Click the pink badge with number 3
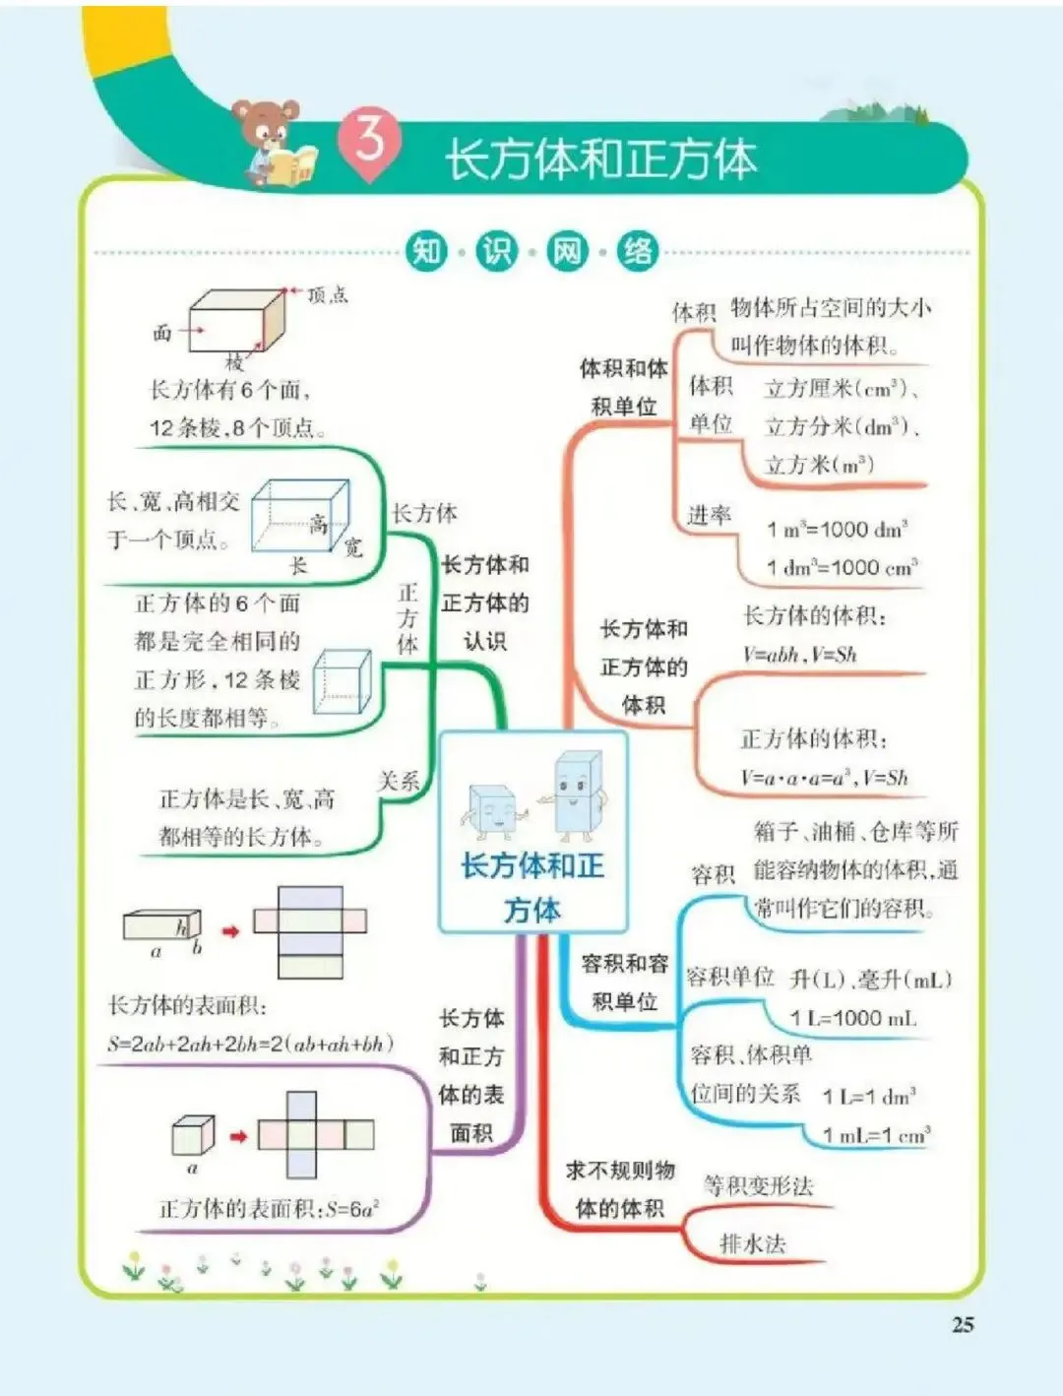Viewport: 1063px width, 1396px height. pos(369,144)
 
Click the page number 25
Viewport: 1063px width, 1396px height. pos(963,1324)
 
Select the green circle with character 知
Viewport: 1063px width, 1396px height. pos(426,252)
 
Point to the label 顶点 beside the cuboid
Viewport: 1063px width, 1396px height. pos(327,294)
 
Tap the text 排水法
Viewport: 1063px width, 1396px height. pos(753,1244)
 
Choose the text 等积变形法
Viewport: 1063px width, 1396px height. pos(758,1185)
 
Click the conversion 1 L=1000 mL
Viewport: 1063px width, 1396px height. pos(852,1018)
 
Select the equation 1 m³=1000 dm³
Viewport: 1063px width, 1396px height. pos(837,529)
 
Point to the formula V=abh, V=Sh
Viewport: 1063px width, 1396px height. pos(799,654)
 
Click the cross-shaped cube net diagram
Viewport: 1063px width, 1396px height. pos(315,1135)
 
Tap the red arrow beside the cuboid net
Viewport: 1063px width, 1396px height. pos(230,930)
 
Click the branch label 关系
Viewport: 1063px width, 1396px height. pos(399,782)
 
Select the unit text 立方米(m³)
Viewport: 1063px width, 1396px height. pos(819,465)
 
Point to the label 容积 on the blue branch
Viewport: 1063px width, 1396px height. pos(714,874)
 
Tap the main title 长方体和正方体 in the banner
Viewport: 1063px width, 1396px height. pos(601,159)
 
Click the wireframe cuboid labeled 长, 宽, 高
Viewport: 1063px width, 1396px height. pos(300,517)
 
